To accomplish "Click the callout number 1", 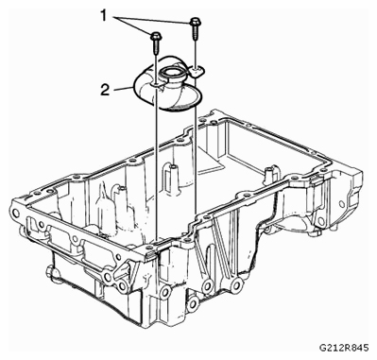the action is (105, 15).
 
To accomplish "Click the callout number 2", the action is (105, 90).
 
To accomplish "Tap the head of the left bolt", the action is (156, 36).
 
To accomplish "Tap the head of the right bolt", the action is (195, 22).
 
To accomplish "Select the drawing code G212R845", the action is (343, 348).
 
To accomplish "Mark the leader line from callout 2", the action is (123, 89).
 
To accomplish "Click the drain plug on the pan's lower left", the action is (49, 272).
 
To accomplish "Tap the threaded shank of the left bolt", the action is (156, 46).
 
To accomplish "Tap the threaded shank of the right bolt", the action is (195, 32).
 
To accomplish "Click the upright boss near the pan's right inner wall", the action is (270, 174).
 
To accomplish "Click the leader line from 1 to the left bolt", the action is (133, 25).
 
